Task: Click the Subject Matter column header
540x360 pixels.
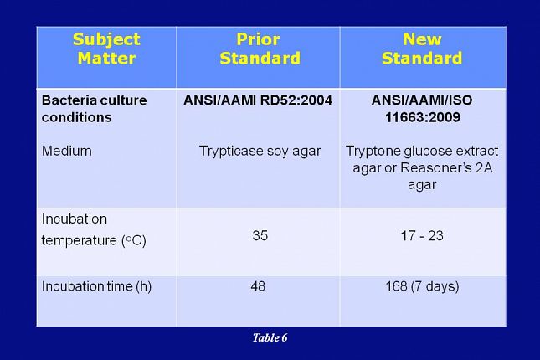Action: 105,49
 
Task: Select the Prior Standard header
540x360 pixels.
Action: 258,49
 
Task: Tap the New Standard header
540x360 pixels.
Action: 422,49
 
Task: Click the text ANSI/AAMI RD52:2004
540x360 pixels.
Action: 258,100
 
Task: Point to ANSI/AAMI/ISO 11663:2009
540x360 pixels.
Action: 422,109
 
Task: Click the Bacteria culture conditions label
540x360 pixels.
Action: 94,109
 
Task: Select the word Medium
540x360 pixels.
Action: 66,152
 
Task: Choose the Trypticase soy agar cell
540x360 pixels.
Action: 260,152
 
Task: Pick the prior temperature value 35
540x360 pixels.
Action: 260,236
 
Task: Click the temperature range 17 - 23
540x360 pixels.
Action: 422,236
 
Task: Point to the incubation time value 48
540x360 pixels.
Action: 258,286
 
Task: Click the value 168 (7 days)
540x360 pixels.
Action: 422,286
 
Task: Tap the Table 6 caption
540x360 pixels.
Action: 270,337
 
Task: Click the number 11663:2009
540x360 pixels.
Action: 422,117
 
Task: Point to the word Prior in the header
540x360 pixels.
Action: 258,39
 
